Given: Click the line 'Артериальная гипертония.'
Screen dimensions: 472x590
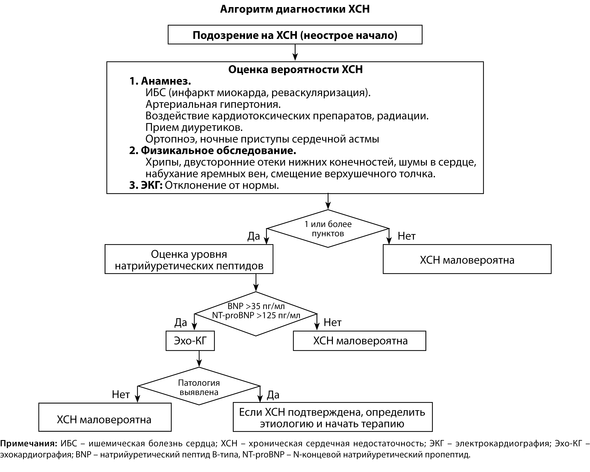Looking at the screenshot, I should [213, 104].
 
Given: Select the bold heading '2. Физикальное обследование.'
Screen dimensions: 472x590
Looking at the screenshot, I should [213, 151].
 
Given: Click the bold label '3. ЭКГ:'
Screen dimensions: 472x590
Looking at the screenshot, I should [146, 185].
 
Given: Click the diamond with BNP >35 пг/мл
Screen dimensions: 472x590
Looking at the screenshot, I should [256, 314].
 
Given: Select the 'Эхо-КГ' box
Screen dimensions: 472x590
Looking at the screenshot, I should [190, 341].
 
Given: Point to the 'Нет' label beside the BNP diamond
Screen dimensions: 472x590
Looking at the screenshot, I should [332, 322].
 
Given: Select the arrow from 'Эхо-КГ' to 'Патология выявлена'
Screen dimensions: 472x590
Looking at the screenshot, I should [199, 359].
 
